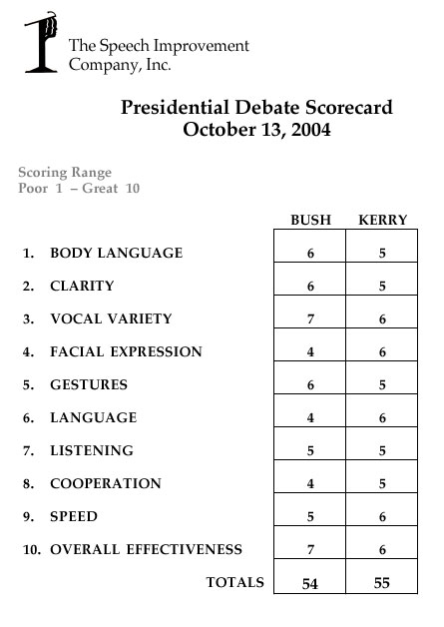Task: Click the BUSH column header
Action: (x=310, y=220)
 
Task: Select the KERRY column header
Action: (x=382, y=220)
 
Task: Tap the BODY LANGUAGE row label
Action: (x=117, y=254)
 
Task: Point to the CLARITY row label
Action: (x=83, y=287)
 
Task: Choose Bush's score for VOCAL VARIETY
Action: (x=310, y=319)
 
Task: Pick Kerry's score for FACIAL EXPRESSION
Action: (x=382, y=352)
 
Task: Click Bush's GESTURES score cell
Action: (x=310, y=385)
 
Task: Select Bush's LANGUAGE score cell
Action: (x=310, y=418)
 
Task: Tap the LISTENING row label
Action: (x=92, y=451)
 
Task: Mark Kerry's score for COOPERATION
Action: (x=382, y=484)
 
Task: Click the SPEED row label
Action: (x=74, y=517)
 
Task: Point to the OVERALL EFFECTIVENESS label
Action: (x=147, y=550)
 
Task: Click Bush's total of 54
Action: (x=310, y=584)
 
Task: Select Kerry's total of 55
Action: (x=382, y=583)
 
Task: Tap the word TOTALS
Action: (x=235, y=582)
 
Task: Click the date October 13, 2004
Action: (x=257, y=131)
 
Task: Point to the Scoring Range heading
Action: (x=65, y=172)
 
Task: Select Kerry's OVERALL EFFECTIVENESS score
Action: (x=382, y=550)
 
